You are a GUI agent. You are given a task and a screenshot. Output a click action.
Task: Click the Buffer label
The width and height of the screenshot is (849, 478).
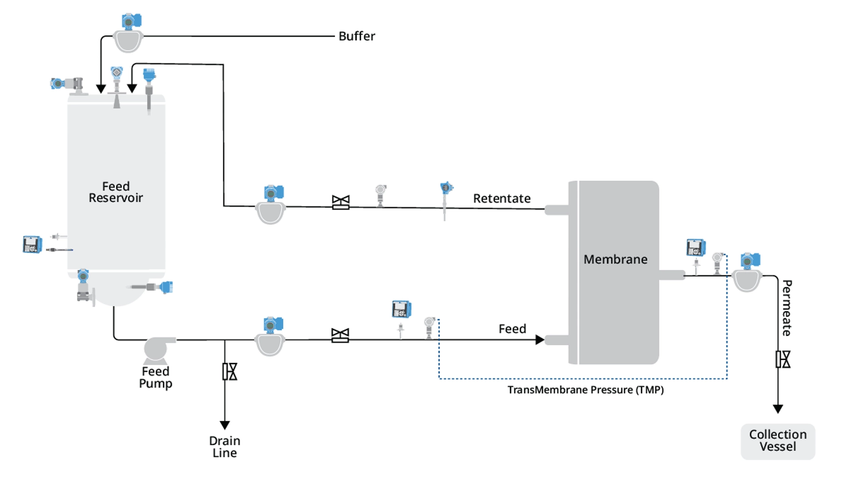[356, 36]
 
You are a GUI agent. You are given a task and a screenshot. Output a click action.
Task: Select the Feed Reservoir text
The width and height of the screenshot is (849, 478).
[116, 192]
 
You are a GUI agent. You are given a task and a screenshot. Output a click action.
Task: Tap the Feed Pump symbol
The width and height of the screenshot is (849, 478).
[156, 349]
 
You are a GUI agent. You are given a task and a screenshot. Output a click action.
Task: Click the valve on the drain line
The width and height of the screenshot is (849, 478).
[229, 372]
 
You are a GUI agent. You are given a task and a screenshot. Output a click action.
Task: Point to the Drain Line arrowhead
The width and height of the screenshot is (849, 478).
[225, 425]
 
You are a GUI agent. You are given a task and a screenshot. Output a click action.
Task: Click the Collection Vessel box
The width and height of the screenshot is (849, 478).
[778, 441]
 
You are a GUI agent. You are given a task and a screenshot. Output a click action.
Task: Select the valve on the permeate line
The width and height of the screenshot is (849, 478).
[783, 359]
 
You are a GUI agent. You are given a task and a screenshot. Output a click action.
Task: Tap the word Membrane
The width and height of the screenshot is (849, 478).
[615, 259]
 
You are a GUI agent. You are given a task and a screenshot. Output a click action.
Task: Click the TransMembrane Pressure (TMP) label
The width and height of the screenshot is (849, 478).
[585, 390]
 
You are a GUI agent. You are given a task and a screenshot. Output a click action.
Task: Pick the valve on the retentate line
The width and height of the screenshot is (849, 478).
[340, 202]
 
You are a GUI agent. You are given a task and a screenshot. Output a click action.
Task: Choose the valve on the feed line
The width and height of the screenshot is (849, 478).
[340, 335]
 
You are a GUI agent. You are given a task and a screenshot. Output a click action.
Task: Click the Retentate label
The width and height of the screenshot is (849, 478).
[501, 199]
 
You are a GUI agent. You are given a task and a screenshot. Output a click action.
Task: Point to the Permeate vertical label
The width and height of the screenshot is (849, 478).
[787, 308]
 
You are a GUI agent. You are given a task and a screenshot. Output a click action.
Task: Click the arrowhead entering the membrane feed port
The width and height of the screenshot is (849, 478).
[539, 340]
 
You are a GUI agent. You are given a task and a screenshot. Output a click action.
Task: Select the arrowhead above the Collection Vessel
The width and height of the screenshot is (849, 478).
[778, 409]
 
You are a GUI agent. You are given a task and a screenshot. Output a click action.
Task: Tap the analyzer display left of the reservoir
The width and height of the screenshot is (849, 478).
[32, 244]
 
